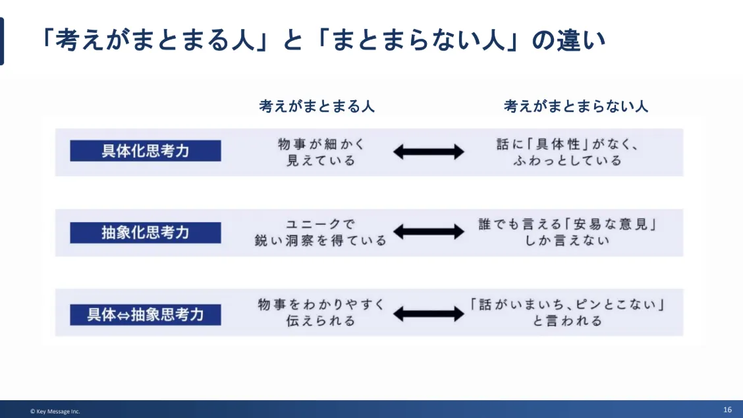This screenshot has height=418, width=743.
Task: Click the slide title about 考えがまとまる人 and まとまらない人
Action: pyautogui.click(x=322, y=40)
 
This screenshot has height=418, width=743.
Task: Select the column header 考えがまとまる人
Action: pyautogui.click(x=317, y=106)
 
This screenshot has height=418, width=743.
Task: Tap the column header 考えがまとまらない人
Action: pyautogui.click(x=576, y=106)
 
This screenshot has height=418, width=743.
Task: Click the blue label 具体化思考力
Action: pyautogui.click(x=146, y=151)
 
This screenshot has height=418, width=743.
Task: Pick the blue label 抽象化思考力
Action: pyautogui.click(x=146, y=233)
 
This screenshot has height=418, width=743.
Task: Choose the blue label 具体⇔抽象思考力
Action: pyautogui.click(x=146, y=314)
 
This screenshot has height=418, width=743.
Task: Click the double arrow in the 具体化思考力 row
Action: pyautogui.click(x=428, y=152)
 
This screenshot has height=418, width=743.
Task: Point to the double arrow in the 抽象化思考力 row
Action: pyautogui.click(x=428, y=232)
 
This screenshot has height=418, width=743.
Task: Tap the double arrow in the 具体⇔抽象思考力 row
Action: pyautogui.click(x=428, y=314)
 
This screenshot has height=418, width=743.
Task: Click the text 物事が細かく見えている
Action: pyautogui.click(x=321, y=152)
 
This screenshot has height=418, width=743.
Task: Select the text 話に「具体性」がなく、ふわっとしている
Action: pyautogui.click(x=568, y=152)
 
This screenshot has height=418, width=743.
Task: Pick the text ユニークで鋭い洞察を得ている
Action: pyautogui.click(x=321, y=233)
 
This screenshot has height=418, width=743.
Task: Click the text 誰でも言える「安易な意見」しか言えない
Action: pyautogui.click(x=568, y=233)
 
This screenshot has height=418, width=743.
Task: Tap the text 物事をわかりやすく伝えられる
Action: pyautogui.click(x=321, y=313)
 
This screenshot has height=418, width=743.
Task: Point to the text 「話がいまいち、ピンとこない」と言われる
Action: pyautogui.click(x=568, y=313)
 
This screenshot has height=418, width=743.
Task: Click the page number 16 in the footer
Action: pyautogui.click(x=727, y=409)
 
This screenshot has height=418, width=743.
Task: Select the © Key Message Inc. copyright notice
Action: pyautogui.click(x=55, y=411)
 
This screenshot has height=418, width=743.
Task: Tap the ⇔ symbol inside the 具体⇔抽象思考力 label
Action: pyautogui.click(x=123, y=315)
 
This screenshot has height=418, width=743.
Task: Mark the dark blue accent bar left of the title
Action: pyautogui.click(x=2, y=42)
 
